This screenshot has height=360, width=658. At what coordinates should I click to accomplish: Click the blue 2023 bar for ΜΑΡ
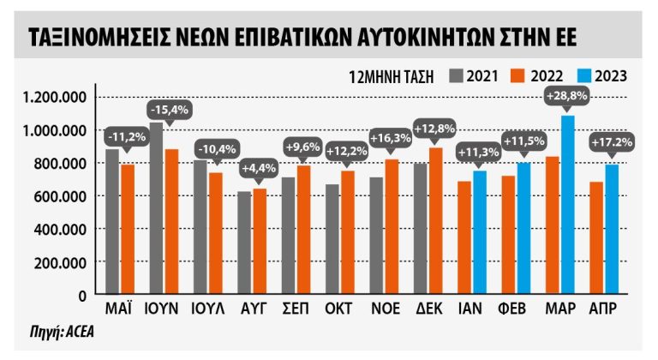[x=567, y=206]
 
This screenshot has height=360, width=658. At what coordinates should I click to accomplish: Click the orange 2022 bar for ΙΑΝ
[x=464, y=237]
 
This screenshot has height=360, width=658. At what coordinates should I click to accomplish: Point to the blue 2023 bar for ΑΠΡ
[x=612, y=229]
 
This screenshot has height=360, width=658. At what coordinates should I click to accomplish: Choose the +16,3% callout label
[x=389, y=137]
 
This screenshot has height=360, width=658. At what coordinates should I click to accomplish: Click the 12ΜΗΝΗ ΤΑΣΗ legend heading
[x=390, y=75]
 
